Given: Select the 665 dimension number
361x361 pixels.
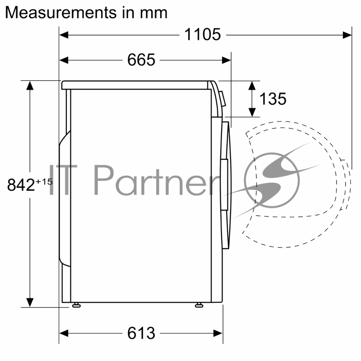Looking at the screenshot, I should point(141,60).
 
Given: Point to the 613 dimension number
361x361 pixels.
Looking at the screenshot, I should point(141,333).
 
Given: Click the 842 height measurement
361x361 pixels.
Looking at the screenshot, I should point(21,185).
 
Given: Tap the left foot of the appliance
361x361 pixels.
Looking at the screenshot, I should point(76,305).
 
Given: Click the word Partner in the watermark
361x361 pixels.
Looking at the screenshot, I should point(156,179).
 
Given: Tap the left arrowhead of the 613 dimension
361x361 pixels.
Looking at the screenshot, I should point(63,333).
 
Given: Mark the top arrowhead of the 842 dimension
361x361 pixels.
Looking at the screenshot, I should point(30,84).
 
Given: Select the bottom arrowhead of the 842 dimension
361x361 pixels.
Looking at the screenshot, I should point(30,303).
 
